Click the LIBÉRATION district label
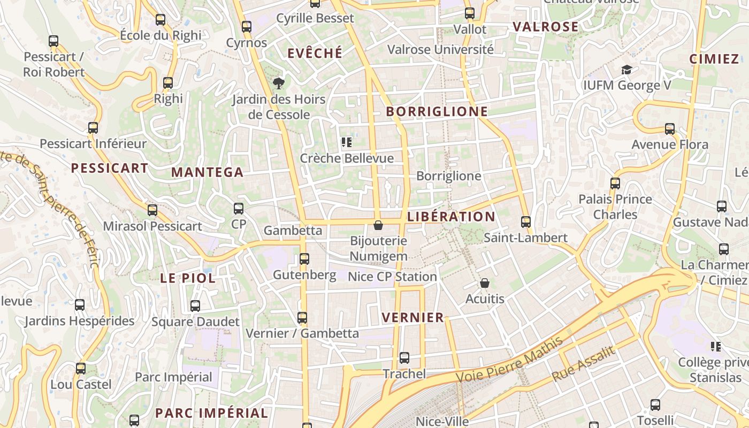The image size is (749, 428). tap(451, 217)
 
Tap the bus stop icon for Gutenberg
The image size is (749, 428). tap(304, 259)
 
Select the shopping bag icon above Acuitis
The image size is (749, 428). tap(485, 283)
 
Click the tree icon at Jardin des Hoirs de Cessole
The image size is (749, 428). tap(278, 83)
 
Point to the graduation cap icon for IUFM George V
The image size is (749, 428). tap(626, 70)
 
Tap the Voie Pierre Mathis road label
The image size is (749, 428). tap(510, 360)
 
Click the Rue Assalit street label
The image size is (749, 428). tap(584, 364)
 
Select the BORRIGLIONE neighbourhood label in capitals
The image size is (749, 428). tap(437, 111)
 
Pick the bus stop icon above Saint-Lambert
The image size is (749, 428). tap(526, 222)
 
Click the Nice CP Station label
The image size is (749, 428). tap(392, 277)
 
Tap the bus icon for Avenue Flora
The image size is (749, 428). tap(670, 129)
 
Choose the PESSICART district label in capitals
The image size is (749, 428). tap(109, 168)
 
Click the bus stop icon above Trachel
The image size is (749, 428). tap(404, 358)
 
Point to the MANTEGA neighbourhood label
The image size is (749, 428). tap(207, 172)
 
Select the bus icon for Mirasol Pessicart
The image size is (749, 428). tap(152, 210)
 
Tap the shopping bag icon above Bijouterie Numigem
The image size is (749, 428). tap(378, 225)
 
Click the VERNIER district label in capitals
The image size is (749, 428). tap(412, 317)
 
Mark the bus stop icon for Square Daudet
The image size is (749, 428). tap(195, 306)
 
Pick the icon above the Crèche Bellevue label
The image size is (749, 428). tap(347, 142)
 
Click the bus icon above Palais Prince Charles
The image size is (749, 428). tap(615, 184)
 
